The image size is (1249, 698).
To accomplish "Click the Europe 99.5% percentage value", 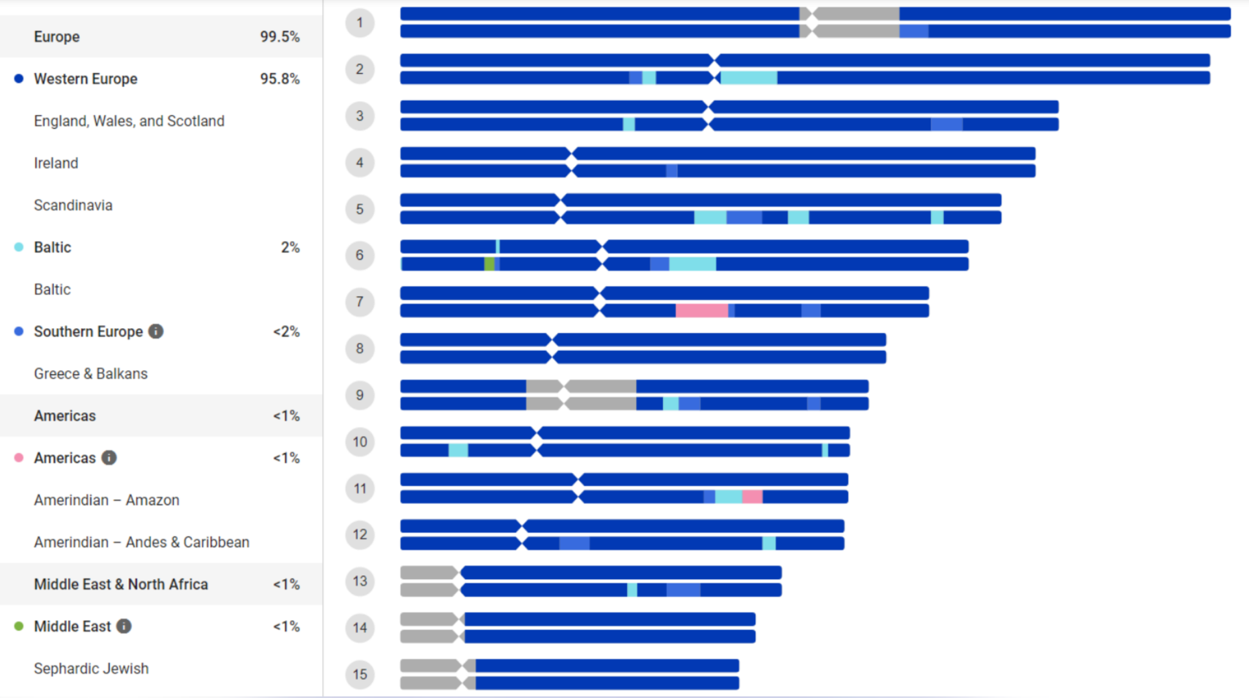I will click(x=280, y=37).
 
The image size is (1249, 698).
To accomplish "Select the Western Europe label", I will click(x=85, y=79).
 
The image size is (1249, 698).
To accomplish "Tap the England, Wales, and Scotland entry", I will click(x=129, y=122).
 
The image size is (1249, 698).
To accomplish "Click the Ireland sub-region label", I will click(x=56, y=163).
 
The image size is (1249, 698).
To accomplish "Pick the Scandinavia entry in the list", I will click(x=73, y=205).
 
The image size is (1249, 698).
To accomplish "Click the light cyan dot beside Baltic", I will click(x=19, y=247).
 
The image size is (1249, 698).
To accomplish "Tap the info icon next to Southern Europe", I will click(x=156, y=331).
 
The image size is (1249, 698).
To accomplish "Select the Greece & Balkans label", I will click(x=90, y=374).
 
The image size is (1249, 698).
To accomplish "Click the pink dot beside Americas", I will click(x=19, y=458).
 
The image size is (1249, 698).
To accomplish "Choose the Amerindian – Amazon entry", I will click(x=106, y=500).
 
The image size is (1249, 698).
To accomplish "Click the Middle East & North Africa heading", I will click(x=120, y=584).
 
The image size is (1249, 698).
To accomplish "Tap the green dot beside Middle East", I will click(x=19, y=627).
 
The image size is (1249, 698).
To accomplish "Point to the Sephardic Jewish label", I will click(x=91, y=669).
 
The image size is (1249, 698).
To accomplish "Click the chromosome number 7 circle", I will click(x=360, y=302).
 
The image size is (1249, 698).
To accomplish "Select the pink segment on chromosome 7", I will click(x=701, y=311).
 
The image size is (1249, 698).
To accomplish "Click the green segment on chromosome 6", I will click(x=489, y=264).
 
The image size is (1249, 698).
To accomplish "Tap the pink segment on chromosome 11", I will click(x=752, y=497).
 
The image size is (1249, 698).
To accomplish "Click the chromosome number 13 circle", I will click(x=360, y=581).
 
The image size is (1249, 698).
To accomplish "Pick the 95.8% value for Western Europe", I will click(x=280, y=79).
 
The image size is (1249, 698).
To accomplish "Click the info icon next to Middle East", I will click(x=124, y=627).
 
